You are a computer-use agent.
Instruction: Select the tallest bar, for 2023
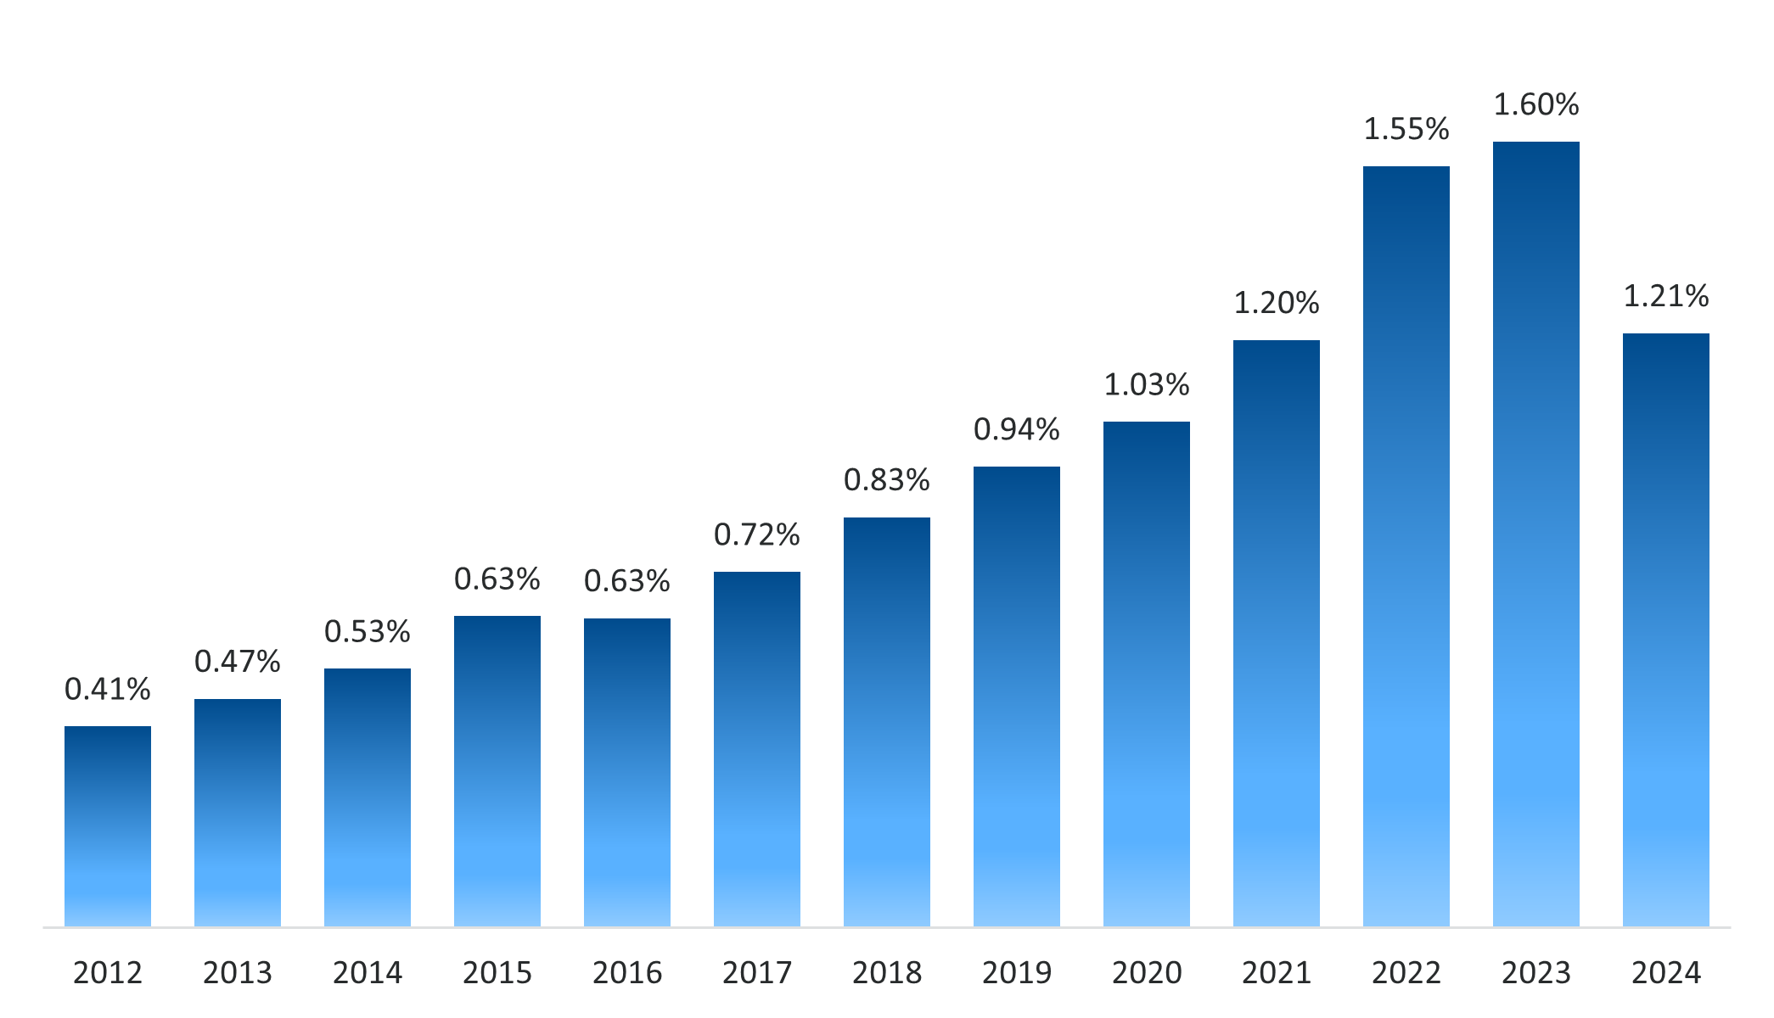[x=1535, y=534]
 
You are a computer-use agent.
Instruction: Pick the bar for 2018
[x=886, y=721]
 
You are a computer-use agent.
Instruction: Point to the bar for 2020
[x=1146, y=674]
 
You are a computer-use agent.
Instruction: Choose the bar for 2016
[x=626, y=772]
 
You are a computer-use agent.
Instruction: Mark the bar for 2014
[x=368, y=797]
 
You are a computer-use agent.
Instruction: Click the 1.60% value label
[x=1535, y=105]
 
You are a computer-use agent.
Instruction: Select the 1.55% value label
[x=1406, y=130]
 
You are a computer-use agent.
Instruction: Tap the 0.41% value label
[x=108, y=690]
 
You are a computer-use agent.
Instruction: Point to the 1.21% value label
[x=1665, y=297]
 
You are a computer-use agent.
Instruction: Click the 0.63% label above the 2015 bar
[x=497, y=579]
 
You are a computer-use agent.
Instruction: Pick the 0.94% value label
[x=1016, y=430]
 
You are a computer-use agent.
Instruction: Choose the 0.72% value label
[x=756, y=535]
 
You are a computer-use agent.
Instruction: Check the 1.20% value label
[x=1276, y=304]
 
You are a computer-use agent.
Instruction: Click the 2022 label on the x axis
[x=1406, y=973]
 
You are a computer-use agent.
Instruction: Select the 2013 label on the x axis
[x=238, y=973]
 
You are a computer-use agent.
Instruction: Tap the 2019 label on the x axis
[x=1016, y=973]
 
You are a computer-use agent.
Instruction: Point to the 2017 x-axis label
[x=756, y=973]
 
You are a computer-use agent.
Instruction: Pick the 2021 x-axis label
[x=1276, y=973]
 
